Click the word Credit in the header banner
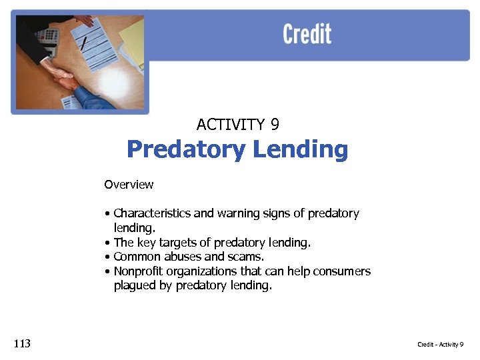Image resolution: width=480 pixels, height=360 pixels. point(307,34)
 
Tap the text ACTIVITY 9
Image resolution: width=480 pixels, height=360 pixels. point(237,125)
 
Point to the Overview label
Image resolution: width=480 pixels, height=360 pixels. point(129,185)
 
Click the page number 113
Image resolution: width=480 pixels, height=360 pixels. point(21,344)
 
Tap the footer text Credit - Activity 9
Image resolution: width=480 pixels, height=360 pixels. point(440,345)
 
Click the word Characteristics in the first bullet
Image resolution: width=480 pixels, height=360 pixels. point(152,214)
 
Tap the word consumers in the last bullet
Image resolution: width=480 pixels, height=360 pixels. point(343,271)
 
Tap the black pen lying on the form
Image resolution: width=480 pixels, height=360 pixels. point(84,43)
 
